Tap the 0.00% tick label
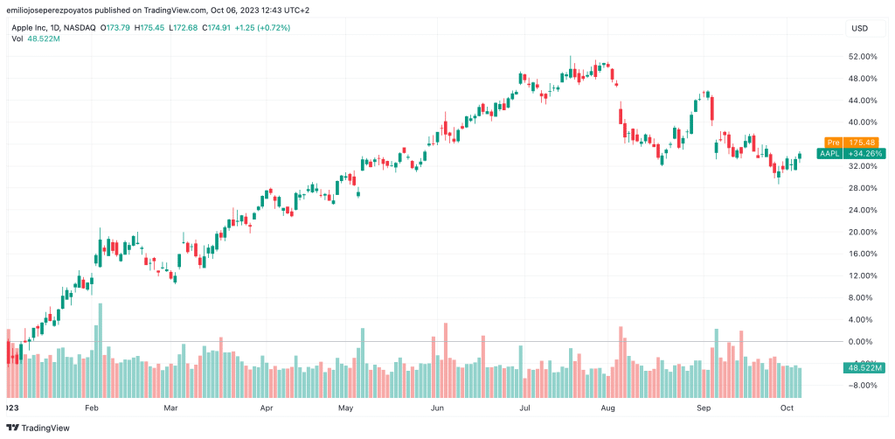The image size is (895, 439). click(x=863, y=342)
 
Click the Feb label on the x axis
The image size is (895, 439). click(x=93, y=408)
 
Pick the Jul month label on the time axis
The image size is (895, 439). click(x=524, y=408)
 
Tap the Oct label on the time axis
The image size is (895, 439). click(x=787, y=408)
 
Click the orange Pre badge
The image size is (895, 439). click(x=833, y=143)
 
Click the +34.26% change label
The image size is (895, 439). click(x=862, y=154)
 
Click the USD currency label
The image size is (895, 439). click(x=859, y=29)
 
